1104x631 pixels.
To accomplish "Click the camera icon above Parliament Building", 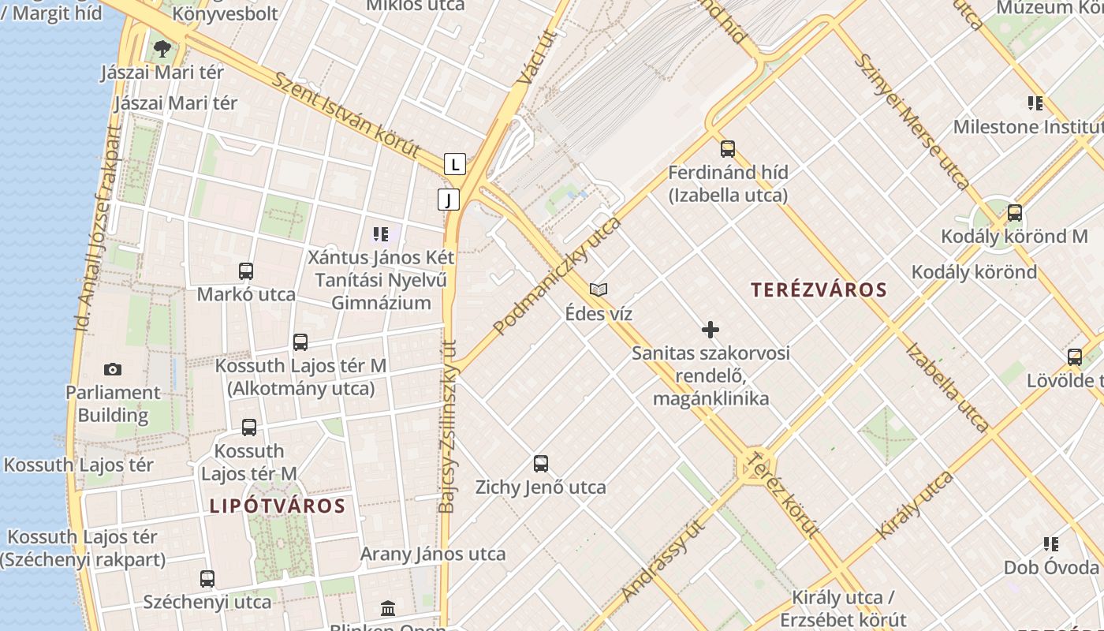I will [x=113, y=369].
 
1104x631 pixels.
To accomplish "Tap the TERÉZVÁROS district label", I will [x=819, y=289].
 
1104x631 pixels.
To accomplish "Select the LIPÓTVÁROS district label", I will [x=278, y=506].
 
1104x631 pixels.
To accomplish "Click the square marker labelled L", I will [x=455, y=164].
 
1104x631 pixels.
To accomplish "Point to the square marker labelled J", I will [x=449, y=200].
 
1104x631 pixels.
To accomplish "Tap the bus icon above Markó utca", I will [x=246, y=271].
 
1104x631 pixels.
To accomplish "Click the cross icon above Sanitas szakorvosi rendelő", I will [x=711, y=330].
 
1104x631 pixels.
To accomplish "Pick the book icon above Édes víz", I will [x=599, y=290].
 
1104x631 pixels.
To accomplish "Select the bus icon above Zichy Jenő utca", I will [x=541, y=464].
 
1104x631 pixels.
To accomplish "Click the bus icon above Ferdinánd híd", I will [x=728, y=148].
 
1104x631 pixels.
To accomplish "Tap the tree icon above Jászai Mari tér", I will [x=162, y=49].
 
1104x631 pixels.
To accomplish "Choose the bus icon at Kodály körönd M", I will [x=1015, y=213].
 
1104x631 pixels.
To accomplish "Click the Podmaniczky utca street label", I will [x=558, y=275].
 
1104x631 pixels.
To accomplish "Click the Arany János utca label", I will [x=433, y=554].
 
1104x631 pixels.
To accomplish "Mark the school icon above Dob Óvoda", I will [x=1051, y=543].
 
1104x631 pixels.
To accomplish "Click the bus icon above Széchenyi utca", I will [x=207, y=579].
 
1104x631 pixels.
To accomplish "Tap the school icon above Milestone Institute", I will [x=1035, y=103].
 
